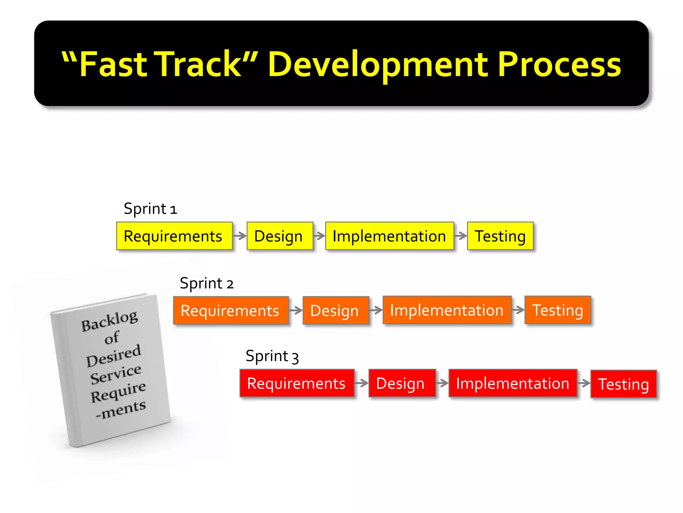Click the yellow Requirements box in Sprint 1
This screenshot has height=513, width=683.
pyautogui.click(x=174, y=236)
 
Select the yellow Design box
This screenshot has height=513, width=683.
pyautogui.click(x=279, y=236)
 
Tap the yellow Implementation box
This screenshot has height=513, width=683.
pyautogui.click(x=389, y=236)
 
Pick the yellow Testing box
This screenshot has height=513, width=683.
pyautogui.click(x=500, y=236)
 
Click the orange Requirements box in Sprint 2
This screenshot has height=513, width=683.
pyautogui.click(x=231, y=310)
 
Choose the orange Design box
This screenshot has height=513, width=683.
pyautogui.click(x=335, y=310)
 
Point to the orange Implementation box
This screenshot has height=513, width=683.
pyautogui.click(x=447, y=310)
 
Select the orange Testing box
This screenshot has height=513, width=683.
pyautogui.click(x=557, y=310)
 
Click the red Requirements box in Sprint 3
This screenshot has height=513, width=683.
pyautogui.click(x=296, y=383)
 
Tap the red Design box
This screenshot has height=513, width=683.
pyautogui.click(x=402, y=383)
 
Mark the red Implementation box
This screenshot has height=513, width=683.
pyautogui.click(x=513, y=383)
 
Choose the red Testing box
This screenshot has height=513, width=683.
pyautogui.click(x=623, y=384)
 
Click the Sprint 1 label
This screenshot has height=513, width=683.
pyautogui.click(x=150, y=209)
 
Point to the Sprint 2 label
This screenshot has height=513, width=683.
pyautogui.click(x=206, y=283)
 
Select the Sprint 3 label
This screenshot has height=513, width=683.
pyautogui.click(x=272, y=356)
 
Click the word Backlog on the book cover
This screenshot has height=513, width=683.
pyautogui.click(x=109, y=321)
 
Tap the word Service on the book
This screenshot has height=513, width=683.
pyautogui.click(x=116, y=374)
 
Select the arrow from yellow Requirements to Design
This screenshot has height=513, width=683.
pyautogui.click(x=239, y=236)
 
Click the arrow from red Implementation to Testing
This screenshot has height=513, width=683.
pyautogui.click(x=584, y=383)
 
